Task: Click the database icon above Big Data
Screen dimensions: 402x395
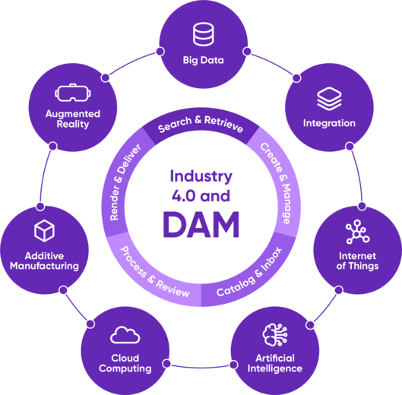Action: (204, 34)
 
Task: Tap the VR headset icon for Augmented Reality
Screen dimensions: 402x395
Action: (73, 93)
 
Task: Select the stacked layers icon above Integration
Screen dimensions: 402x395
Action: (329, 99)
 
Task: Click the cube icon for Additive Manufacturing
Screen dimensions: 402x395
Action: (44, 231)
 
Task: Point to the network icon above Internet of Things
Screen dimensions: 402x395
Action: (357, 232)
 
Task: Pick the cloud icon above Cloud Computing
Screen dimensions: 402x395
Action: (125, 335)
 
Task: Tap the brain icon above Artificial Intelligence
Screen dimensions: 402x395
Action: (275, 334)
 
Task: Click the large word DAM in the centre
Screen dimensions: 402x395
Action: (201, 225)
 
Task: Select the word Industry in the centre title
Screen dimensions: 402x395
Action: (201, 177)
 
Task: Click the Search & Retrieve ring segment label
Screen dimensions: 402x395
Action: (201, 124)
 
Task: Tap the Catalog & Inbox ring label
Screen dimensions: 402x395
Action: (249, 273)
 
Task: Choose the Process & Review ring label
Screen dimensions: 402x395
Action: (154, 273)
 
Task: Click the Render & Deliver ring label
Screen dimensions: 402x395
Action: (125, 182)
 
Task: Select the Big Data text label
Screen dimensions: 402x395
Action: (204, 60)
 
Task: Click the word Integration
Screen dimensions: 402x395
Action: (329, 123)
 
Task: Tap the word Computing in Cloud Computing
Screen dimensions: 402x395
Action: (125, 368)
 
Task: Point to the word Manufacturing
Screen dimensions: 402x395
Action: (44, 266)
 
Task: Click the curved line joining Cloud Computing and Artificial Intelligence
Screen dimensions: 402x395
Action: (200, 368)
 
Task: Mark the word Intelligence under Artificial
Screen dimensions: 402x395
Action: (275, 368)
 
